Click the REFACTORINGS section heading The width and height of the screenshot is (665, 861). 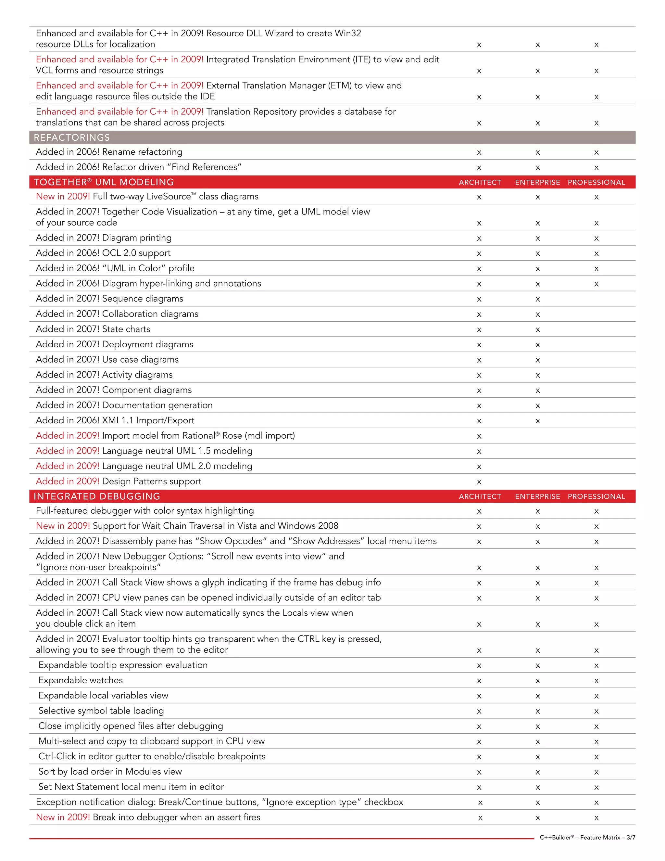(72, 137)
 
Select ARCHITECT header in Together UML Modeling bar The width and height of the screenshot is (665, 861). (480, 182)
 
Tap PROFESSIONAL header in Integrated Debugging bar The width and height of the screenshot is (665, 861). (596, 496)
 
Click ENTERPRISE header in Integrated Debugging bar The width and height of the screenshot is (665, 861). (537, 496)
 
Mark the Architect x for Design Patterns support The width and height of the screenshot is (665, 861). (479, 482)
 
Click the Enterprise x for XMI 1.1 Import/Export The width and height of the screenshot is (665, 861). (538, 421)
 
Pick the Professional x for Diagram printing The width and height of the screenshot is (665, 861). (596, 238)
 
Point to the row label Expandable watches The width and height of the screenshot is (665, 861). (81, 680)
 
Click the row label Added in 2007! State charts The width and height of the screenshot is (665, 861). (93, 329)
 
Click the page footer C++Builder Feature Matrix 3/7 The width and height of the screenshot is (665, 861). (587, 837)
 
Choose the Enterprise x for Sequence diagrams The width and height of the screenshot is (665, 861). (538, 300)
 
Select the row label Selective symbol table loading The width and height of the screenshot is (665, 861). (101, 710)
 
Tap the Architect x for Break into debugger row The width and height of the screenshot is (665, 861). (480, 818)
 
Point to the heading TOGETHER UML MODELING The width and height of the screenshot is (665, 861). (104, 182)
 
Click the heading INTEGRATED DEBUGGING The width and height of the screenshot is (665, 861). (97, 496)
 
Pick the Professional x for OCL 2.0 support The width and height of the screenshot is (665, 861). (596, 254)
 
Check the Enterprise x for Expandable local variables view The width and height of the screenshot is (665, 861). (538, 696)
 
